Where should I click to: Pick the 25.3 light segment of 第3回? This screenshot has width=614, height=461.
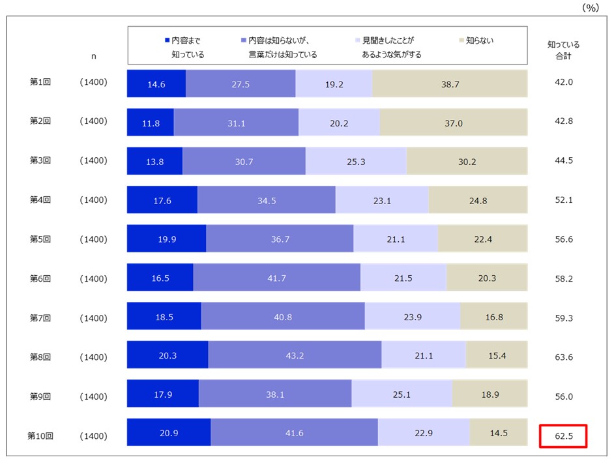(x=356, y=160)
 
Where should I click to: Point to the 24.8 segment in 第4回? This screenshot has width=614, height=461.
(x=478, y=200)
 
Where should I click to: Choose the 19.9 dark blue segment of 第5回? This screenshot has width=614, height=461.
(x=166, y=239)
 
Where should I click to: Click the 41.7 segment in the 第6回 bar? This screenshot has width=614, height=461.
(x=276, y=278)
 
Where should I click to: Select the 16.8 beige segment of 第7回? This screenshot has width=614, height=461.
(x=494, y=318)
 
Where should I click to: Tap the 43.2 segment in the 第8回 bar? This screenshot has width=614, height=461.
(x=295, y=357)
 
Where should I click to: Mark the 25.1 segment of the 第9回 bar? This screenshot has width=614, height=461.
(x=402, y=396)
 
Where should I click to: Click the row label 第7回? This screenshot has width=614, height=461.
(x=40, y=318)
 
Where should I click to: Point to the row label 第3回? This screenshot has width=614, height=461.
(x=40, y=160)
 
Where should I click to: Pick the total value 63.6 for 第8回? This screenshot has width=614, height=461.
(x=563, y=357)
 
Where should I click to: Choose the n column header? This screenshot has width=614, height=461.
(x=93, y=56)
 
